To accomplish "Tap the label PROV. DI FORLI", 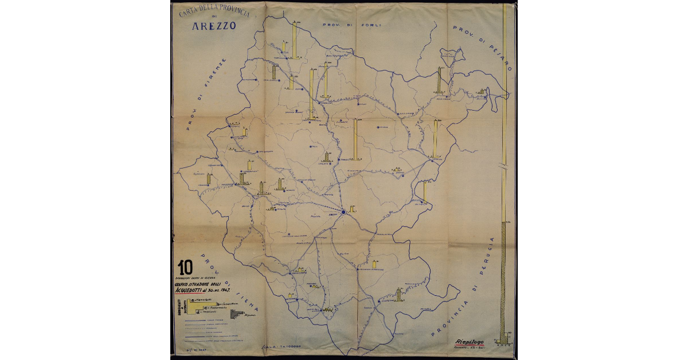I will [343, 25].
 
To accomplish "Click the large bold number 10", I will [185, 267].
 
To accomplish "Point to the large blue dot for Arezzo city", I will [343, 212].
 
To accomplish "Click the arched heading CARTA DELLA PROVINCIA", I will [214, 15].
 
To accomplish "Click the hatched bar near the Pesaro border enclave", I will [440, 80].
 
